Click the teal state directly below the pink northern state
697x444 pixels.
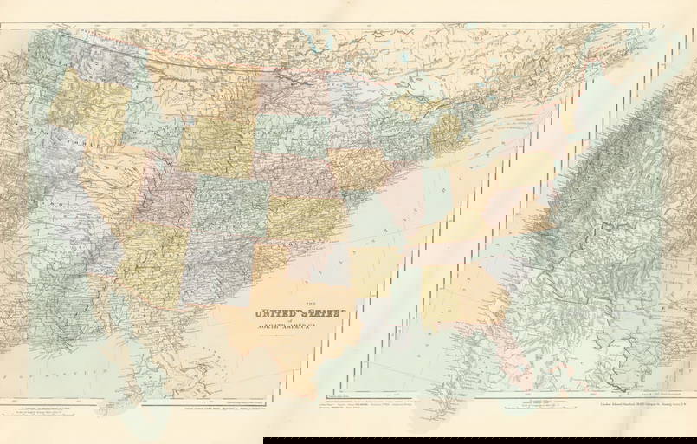(289, 134)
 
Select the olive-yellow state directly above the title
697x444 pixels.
(303, 217)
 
